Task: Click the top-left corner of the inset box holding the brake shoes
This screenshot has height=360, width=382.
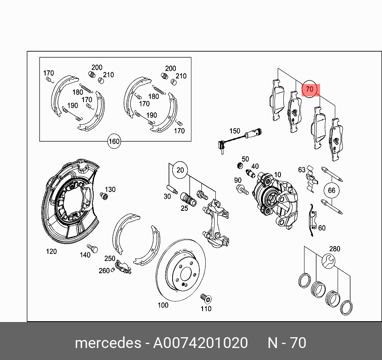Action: (40, 58)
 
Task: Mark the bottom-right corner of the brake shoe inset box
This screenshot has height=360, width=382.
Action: (191, 141)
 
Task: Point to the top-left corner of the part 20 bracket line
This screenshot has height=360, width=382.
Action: (169, 164)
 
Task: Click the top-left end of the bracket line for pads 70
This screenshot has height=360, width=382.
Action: (278, 68)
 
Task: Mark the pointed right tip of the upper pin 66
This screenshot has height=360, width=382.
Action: (343, 181)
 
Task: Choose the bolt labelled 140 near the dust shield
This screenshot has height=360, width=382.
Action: (93, 248)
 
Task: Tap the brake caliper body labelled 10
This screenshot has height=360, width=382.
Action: (275, 200)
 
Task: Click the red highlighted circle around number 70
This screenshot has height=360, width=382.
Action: (310, 89)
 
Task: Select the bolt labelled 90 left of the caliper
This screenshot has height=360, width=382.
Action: (242, 190)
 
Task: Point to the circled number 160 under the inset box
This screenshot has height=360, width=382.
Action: (114, 141)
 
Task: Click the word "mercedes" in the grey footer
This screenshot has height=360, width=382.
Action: (108, 343)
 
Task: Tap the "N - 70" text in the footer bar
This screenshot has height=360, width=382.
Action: (287, 343)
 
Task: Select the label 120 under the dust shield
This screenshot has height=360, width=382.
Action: (52, 251)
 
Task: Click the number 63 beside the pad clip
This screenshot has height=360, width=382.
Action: (302, 170)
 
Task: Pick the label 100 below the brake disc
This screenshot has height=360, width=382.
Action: (163, 305)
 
